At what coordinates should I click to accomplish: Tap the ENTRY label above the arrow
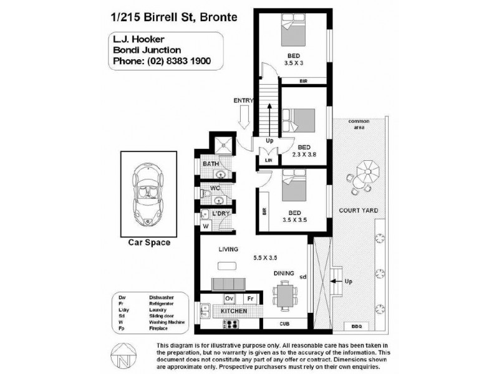[243, 100]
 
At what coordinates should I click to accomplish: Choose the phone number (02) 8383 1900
[178, 61]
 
